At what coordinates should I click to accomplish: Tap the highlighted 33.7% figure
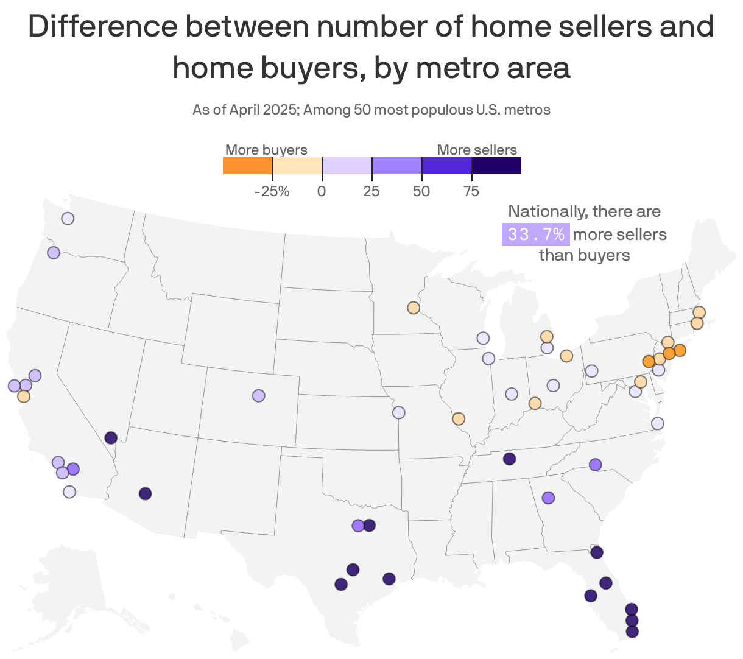(535, 234)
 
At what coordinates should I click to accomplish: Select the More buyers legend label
(266, 150)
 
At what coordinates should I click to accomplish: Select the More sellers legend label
(477, 150)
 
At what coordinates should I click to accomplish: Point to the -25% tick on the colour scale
(272, 191)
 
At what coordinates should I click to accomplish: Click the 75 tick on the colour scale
(471, 191)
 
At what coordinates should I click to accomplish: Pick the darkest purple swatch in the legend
(496, 166)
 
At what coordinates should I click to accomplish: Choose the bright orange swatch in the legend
(247, 166)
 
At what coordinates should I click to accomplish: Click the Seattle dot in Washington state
(68, 219)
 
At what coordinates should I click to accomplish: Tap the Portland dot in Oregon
(54, 253)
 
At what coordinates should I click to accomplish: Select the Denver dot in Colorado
(259, 395)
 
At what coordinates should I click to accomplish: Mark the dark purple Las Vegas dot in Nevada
(111, 438)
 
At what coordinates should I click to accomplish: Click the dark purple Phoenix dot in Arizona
(145, 494)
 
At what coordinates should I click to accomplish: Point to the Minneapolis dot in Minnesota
(414, 308)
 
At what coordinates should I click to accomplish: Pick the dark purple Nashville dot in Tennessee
(509, 459)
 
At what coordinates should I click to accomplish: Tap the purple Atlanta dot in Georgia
(548, 498)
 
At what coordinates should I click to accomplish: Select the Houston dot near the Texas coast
(389, 579)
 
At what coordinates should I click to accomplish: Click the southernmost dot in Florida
(632, 632)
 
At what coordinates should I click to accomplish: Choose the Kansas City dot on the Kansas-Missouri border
(399, 412)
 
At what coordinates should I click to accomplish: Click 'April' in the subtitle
(245, 110)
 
